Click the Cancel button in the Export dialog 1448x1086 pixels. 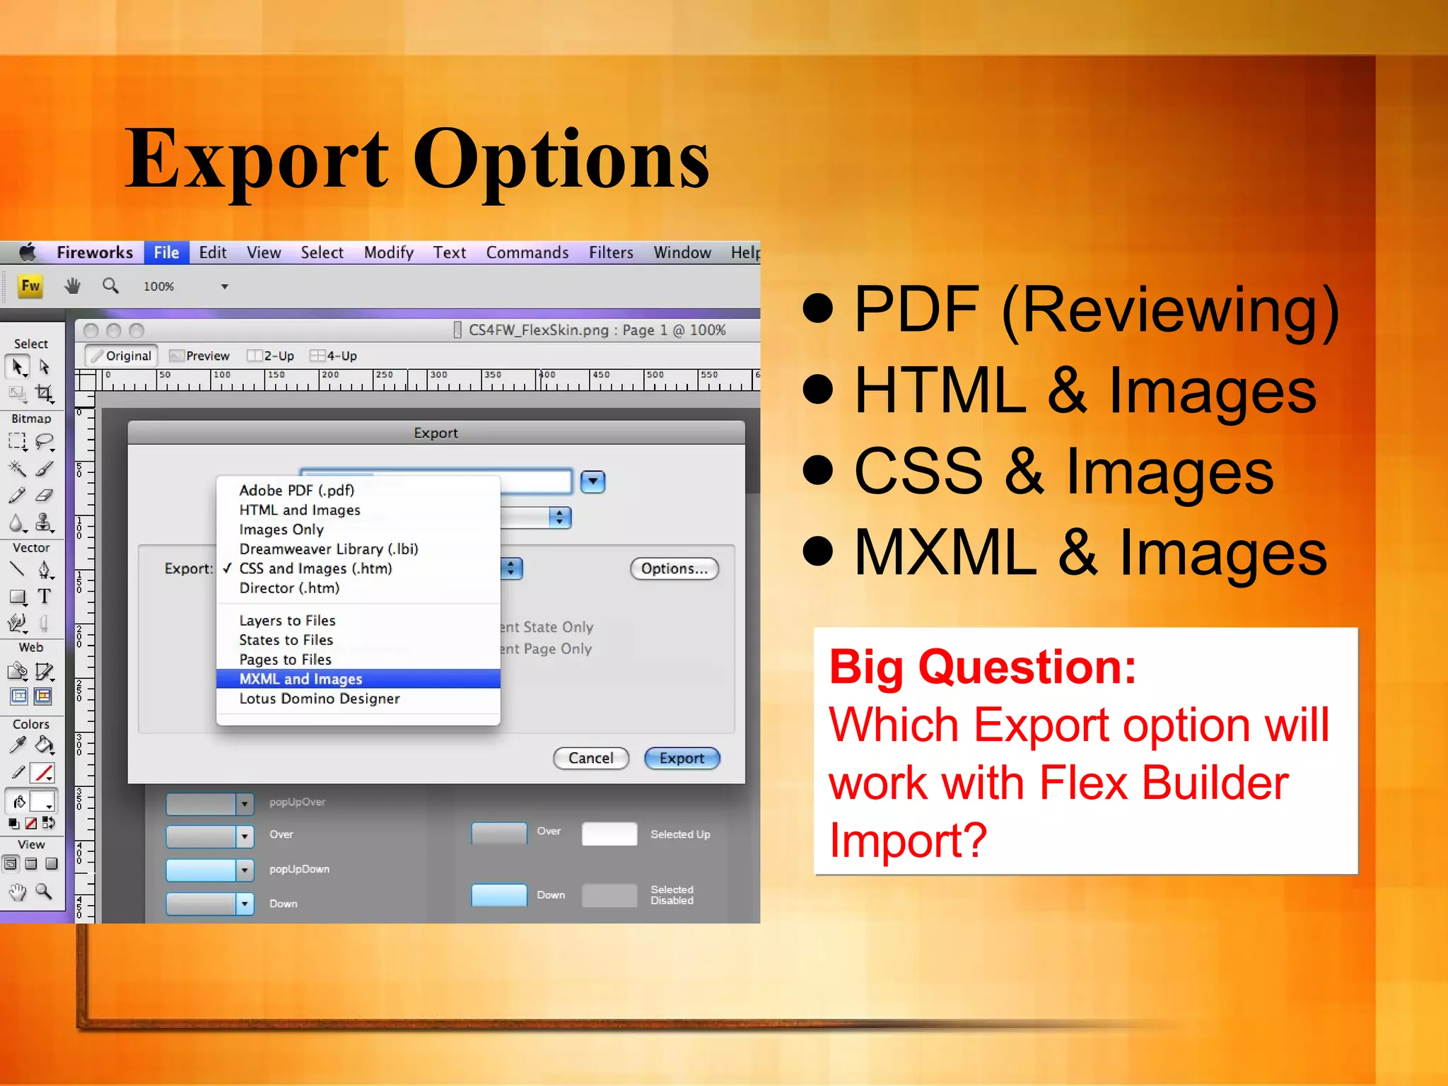tap(590, 758)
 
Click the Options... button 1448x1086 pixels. tap(674, 568)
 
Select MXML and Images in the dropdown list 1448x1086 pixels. tap(300, 679)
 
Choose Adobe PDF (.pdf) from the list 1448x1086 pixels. tap(296, 490)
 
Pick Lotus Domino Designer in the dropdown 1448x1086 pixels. tap(319, 699)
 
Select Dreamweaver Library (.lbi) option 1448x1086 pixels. tap(328, 549)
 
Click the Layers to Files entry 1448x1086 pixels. tap(287, 620)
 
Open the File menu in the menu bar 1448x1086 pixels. tap(166, 252)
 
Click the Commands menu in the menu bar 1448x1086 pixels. tap(527, 252)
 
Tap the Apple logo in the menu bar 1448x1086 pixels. tap(28, 252)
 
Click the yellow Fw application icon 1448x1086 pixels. tap(30, 286)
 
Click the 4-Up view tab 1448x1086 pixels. tap(334, 356)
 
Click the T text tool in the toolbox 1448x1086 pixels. tap(44, 596)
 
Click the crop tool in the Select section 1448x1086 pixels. tap(44, 393)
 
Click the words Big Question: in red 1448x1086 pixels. tap(982, 667)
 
